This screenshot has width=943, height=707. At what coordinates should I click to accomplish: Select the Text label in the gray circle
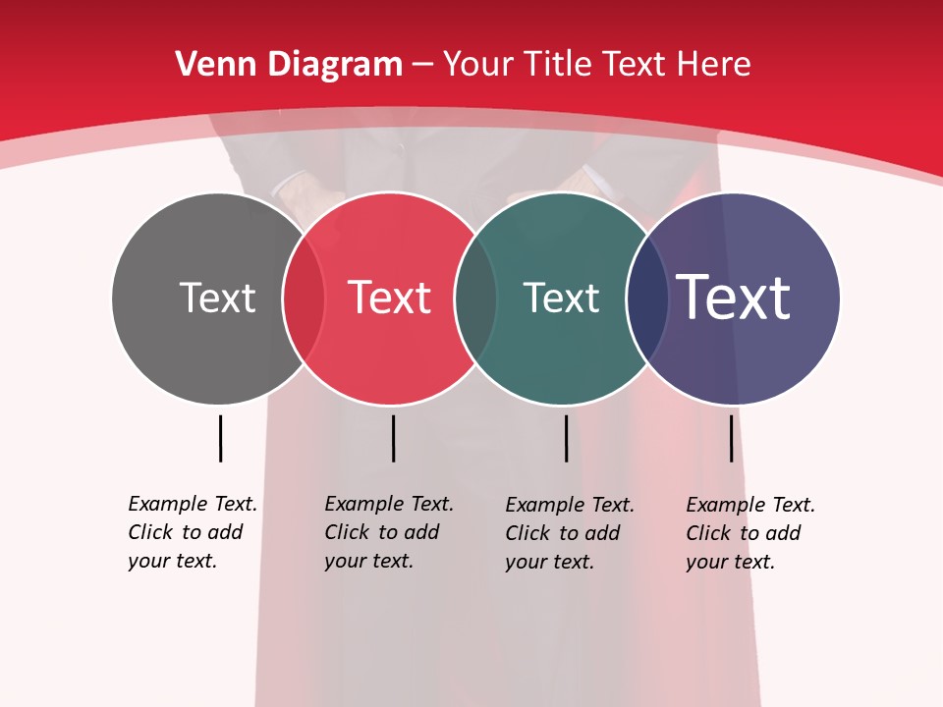click(217, 298)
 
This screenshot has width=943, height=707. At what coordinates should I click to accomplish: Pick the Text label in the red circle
click(389, 298)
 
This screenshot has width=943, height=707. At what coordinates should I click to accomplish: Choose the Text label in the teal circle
click(561, 298)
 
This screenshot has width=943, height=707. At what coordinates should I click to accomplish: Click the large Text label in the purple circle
click(734, 298)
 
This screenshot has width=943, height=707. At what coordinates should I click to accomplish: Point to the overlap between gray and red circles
click(304, 299)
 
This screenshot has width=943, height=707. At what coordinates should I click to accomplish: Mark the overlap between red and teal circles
click(475, 299)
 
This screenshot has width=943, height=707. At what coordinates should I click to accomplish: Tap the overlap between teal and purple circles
click(647, 299)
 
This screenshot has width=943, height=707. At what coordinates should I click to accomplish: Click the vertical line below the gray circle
click(220, 438)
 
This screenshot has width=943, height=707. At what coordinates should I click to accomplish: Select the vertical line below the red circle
click(393, 438)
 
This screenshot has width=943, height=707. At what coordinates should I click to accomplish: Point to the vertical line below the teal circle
click(566, 438)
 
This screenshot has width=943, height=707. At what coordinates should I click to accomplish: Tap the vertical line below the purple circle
click(731, 438)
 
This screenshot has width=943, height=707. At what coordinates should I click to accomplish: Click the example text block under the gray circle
click(193, 532)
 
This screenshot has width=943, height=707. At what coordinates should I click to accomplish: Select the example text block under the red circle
click(389, 532)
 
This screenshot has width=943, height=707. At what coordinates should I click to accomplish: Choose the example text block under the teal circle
click(570, 533)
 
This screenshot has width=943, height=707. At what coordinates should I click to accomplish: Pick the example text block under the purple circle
click(750, 533)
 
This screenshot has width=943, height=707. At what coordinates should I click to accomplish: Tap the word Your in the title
click(475, 65)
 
